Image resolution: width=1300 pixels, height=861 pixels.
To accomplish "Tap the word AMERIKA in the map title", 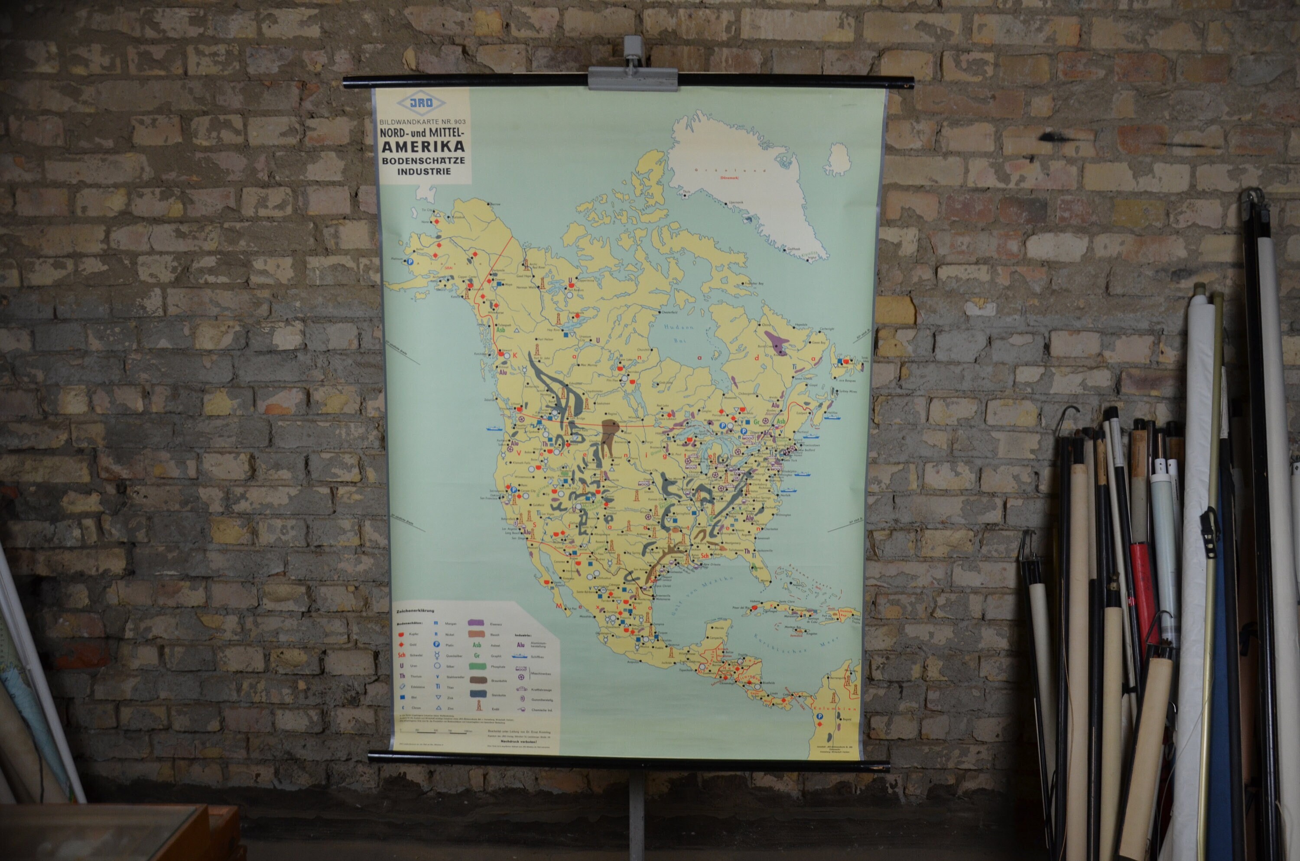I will [x=423, y=146].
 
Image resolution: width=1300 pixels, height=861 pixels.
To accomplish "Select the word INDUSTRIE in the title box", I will [x=424, y=171].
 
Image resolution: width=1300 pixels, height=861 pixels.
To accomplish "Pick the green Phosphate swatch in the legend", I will [x=478, y=666].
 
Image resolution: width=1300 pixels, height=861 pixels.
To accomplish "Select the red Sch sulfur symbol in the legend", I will [x=402, y=655].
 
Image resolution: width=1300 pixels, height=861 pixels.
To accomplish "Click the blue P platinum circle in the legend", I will [x=436, y=644].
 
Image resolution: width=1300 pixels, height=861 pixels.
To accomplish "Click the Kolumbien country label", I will [x=828, y=708].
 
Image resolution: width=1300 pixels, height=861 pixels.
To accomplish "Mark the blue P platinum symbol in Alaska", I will [x=410, y=263].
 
